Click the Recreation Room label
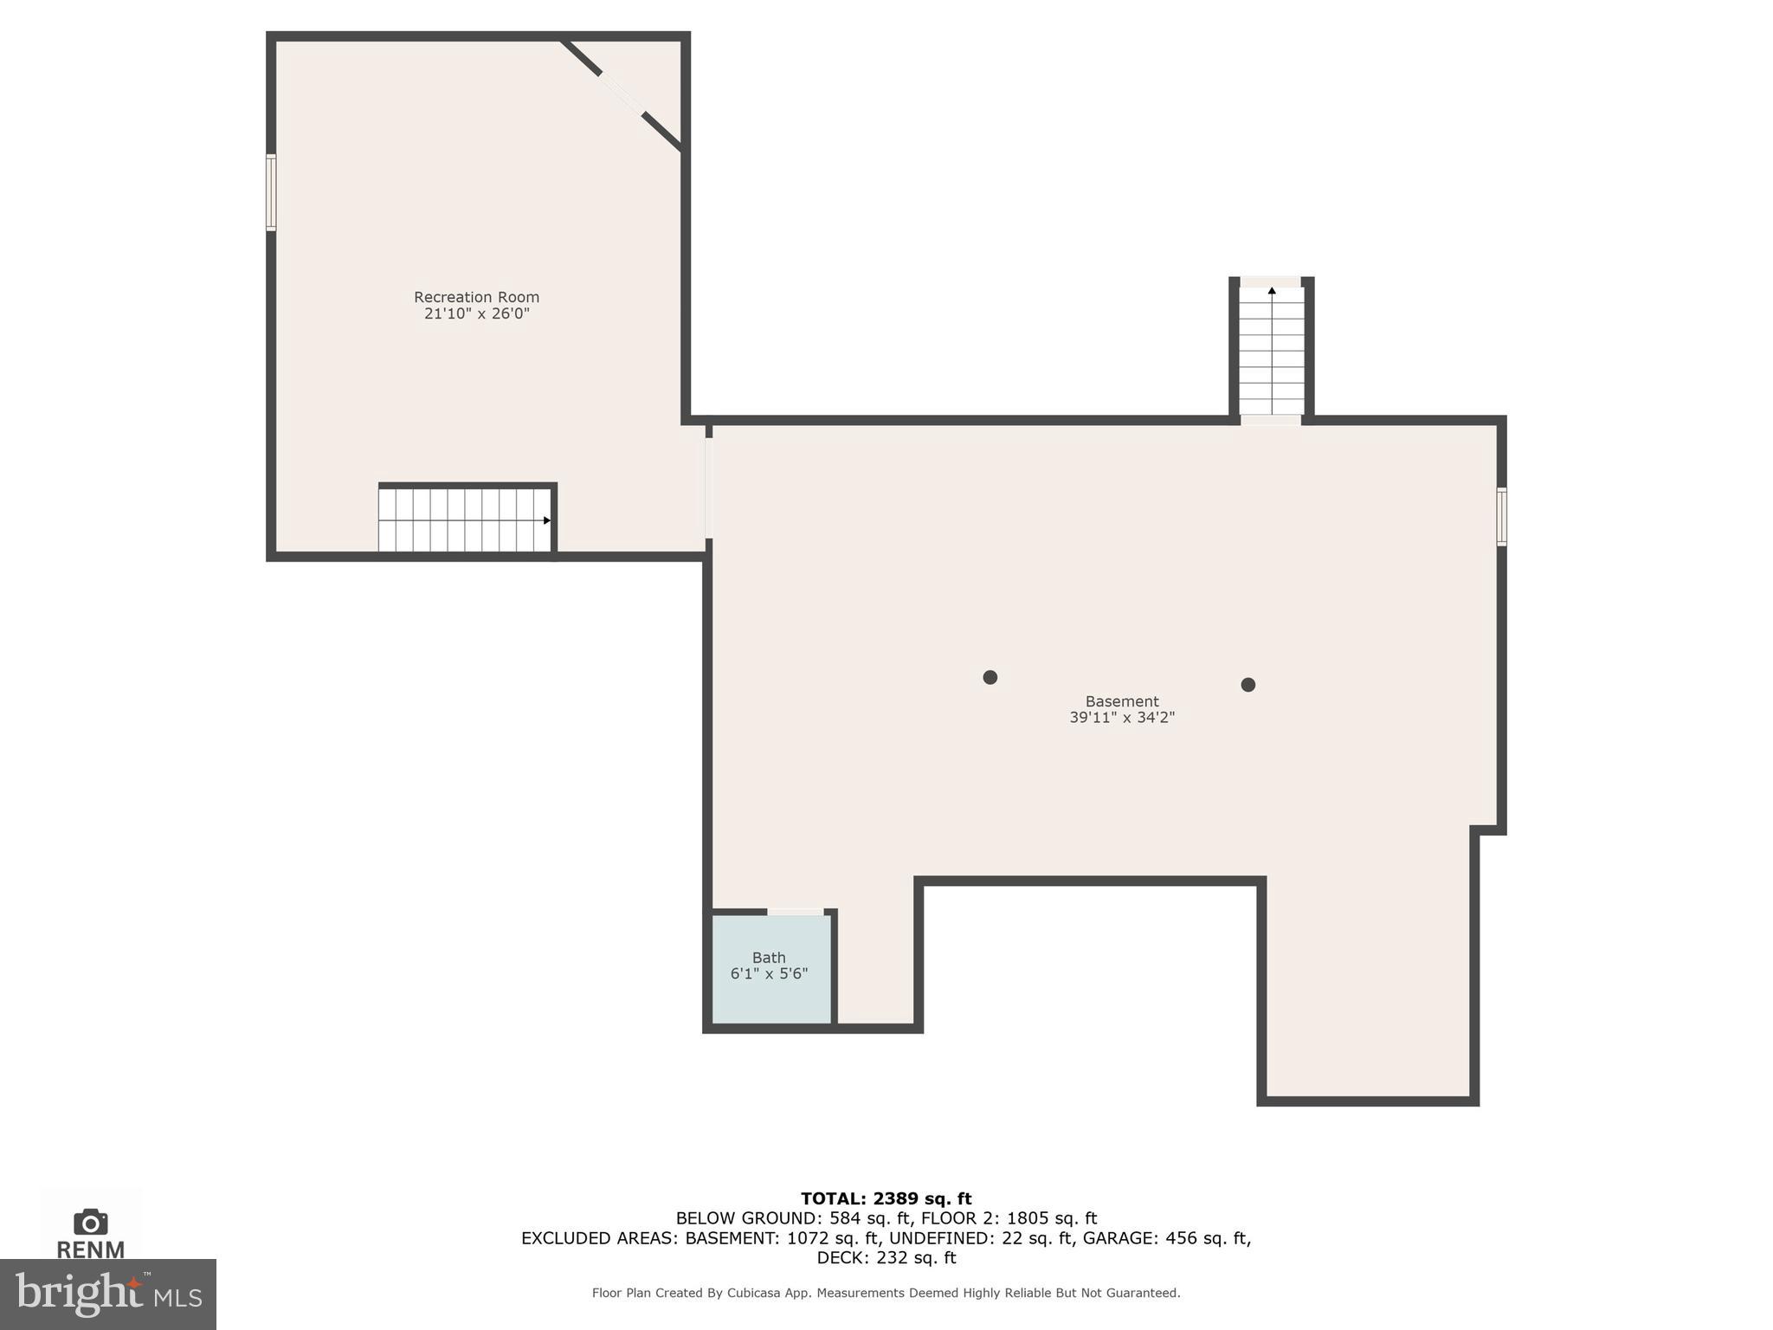point(476,297)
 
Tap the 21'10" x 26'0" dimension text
point(476,313)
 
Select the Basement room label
point(1121,701)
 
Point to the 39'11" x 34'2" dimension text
point(1121,717)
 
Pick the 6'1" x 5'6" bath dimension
point(769,974)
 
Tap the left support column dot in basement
point(990,677)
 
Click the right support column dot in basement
point(1248,685)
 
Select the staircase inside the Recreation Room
point(465,520)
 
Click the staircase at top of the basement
point(1271,351)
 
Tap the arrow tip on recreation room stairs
point(547,520)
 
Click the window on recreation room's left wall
point(271,192)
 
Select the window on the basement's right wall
point(1502,517)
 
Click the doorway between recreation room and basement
point(708,487)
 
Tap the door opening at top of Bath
point(795,912)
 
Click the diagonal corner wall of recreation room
point(622,94)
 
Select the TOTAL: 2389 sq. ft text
point(886,1198)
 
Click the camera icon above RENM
point(91,1222)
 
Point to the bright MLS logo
point(107,1294)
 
